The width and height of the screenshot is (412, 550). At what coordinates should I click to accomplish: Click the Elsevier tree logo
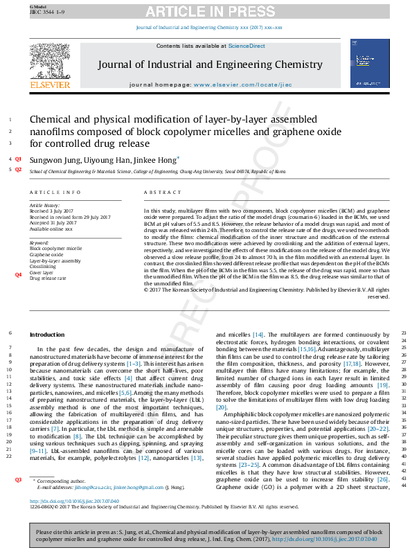click(x=50, y=63)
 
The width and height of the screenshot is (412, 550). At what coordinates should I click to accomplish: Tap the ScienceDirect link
click(x=247, y=46)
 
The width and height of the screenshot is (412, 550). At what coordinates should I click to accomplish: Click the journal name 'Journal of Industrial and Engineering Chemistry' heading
click(x=210, y=65)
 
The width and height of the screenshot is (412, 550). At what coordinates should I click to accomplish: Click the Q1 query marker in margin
click(x=19, y=159)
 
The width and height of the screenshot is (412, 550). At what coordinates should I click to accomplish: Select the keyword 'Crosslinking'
click(x=44, y=266)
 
